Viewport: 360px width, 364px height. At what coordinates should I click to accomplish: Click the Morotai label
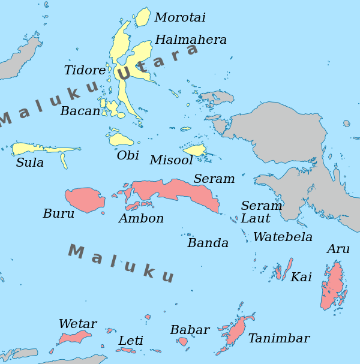pyautogui.click(x=180, y=17)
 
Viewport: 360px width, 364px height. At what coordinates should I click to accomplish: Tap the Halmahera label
pyautogui.click(x=191, y=40)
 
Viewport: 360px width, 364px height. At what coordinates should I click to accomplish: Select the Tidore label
pyautogui.click(x=85, y=71)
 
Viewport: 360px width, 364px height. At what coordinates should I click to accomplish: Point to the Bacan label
pyautogui.click(x=80, y=112)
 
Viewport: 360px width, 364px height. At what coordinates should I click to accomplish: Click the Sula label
pyautogui.click(x=30, y=163)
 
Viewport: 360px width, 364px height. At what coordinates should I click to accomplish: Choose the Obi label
pyautogui.click(x=128, y=156)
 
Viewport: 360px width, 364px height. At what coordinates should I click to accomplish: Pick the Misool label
pyautogui.click(x=172, y=161)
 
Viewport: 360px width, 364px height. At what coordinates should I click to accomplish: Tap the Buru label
pyautogui.click(x=59, y=214)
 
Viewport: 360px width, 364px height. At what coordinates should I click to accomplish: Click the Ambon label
pyautogui.click(x=141, y=219)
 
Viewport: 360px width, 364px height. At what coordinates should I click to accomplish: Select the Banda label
pyautogui.click(x=208, y=243)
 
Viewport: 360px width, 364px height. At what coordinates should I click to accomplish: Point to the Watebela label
pyautogui.click(x=283, y=237)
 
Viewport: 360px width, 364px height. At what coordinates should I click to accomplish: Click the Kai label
pyautogui.click(x=301, y=278)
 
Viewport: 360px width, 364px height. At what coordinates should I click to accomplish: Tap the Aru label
pyautogui.click(x=338, y=249)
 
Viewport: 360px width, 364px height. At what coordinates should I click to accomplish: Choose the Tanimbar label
pyautogui.click(x=279, y=339)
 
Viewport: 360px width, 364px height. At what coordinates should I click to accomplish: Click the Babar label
pyautogui.click(x=190, y=330)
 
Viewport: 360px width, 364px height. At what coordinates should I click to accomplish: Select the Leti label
pyautogui.click(x=131, y=341)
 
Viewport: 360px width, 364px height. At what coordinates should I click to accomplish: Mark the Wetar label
pyautogui.click(x=77, y=324)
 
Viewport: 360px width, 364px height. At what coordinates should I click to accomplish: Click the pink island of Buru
pyautogui.click(x=85, y=200)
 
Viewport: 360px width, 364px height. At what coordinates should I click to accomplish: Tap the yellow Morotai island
pyautogui.click(x=143, y=17)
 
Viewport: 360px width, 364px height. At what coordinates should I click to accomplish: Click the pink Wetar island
pyautogui.click(x=76, y=336)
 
